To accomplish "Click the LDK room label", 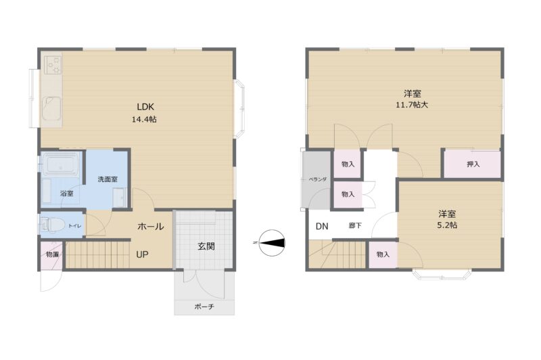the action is pos(145,107).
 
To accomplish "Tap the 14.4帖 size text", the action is pos(144,119).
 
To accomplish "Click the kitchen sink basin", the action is pos(51,108).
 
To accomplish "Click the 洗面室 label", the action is pos(108,179).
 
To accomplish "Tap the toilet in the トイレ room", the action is pos(53,225).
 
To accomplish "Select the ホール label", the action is pos(150,227).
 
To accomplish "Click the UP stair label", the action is pos(142,254).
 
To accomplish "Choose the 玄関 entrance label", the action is pos(206,246).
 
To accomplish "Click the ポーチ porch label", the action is pos(204,306).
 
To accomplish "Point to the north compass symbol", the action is pos(273,243).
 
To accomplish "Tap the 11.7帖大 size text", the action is pos(412,105).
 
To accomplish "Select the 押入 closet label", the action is pos(473,164).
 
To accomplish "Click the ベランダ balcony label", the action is pos(317,179).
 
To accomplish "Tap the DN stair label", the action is pos(322,227).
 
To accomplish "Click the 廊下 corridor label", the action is pos(355,226).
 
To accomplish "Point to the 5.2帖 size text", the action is pos(447,225).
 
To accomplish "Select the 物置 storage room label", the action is pos(53,254).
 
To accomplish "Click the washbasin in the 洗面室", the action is pos(120,198).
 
